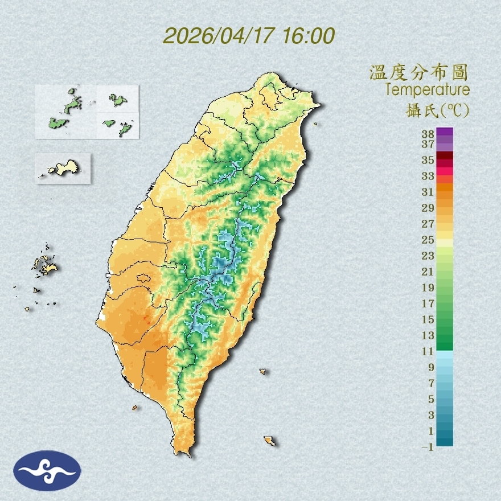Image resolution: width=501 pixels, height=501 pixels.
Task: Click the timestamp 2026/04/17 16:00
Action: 249,36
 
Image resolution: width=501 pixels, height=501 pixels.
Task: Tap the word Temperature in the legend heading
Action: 427,89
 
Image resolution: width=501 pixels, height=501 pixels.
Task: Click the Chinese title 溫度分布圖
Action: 419,72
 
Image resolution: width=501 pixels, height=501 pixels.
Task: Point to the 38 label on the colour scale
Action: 428,134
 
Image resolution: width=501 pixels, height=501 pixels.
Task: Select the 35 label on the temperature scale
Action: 428,160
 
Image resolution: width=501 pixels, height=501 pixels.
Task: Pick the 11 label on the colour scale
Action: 428,351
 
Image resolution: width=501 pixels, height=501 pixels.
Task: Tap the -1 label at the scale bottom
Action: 428,447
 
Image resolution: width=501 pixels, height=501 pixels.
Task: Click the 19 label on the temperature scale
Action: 428,288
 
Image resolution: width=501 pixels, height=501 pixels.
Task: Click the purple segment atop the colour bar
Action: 445,132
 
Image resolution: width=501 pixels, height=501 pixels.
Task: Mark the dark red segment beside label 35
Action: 445,156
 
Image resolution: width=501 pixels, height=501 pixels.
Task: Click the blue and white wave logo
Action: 47,470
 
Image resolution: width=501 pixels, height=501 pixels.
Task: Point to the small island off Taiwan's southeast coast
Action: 269,441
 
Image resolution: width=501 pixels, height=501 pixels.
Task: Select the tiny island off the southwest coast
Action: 135,407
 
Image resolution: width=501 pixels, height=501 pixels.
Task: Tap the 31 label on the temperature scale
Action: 428,191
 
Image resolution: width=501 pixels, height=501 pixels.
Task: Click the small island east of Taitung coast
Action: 263,371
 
